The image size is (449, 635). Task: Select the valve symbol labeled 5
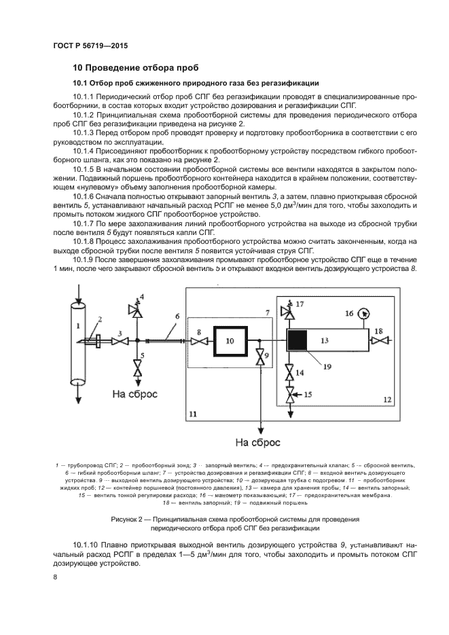tap(137, 369)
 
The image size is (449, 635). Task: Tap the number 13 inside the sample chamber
tap(325, 339)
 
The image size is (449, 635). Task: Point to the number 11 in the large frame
tap(193, 412)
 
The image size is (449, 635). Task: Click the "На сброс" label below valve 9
tap(257, 443)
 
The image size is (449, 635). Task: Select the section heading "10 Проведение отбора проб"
tap(135, 68)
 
